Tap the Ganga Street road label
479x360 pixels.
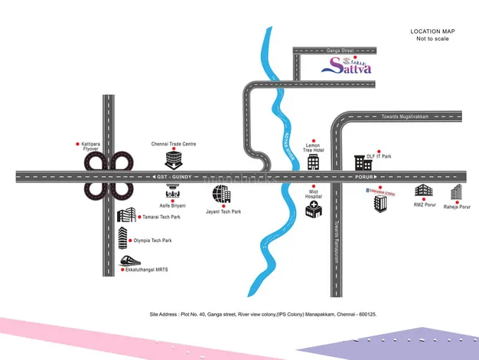(x=337, y=50)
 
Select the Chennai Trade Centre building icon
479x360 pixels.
(x=174, y=159)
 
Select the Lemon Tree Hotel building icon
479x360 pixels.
(x=312, y=162)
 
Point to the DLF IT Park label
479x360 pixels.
(x=379, y=156)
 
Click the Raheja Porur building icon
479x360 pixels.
(x=457, y=192)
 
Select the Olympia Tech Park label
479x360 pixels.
(x=151, y=241)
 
